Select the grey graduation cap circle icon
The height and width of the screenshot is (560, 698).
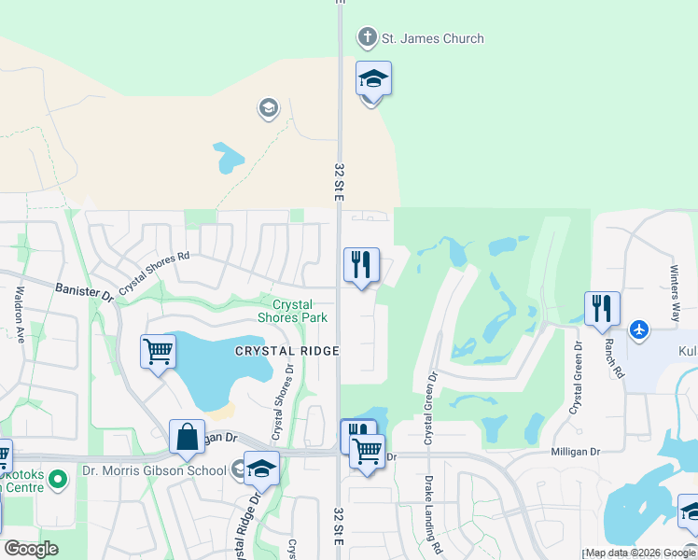[269, 109]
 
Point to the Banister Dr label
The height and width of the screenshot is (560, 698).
[84, 293]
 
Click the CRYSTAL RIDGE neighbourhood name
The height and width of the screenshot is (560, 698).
[286, 350]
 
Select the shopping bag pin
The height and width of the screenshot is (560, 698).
[187, 437]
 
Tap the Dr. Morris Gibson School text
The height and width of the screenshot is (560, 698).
[154, 470]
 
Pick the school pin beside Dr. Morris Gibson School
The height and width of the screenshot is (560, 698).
[261, 468]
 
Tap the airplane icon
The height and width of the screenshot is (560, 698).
[639, 329]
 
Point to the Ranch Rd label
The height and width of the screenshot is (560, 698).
[613, 357]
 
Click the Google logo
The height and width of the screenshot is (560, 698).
[31, 549]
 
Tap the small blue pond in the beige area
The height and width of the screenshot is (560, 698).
[227, 158]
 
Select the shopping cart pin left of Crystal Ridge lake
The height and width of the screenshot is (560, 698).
[158, 352]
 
